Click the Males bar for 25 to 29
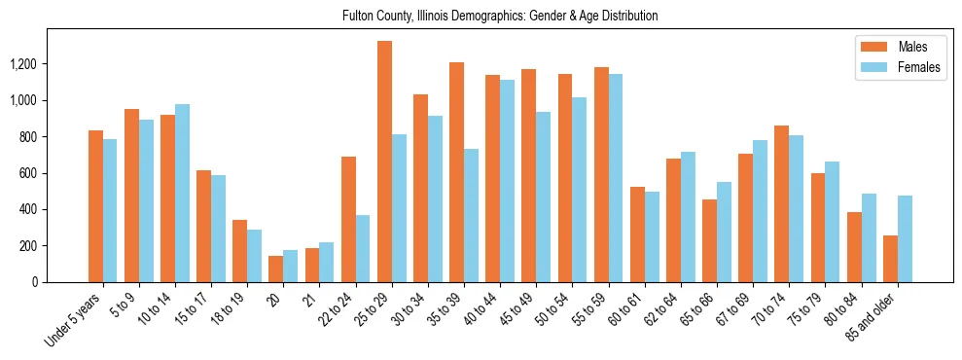384,162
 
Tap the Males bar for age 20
276,269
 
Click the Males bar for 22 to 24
348,219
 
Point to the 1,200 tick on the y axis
52,64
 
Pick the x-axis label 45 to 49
519,308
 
